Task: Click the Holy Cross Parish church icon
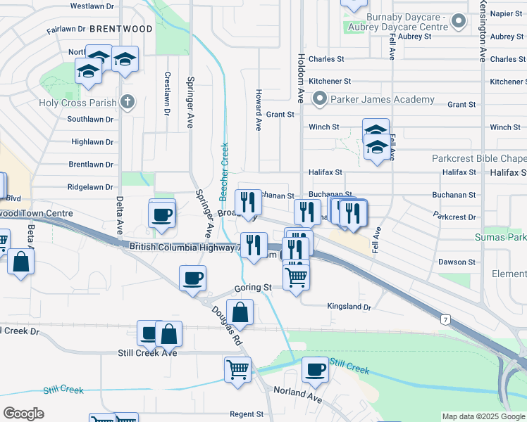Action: point(128,103)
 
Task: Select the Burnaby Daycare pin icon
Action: point(459,21)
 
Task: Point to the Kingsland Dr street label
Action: point(349,307)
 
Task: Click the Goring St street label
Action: point(253,288)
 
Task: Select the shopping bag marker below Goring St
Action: point(240,312)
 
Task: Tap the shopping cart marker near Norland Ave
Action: point(238,369)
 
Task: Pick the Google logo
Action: point(23,414)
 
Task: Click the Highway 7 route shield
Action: point(445,320)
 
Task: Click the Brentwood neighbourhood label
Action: point(121,29)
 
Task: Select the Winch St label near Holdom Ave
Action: point(324,127)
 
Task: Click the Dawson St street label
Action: point(452,262)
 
